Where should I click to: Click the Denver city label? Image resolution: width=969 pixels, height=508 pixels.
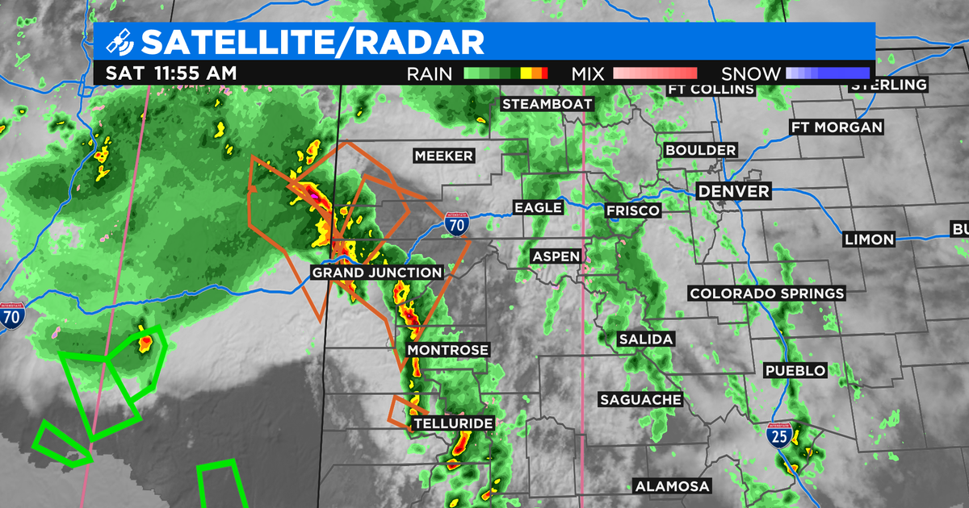733,191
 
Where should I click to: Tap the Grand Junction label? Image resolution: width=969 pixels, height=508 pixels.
377,273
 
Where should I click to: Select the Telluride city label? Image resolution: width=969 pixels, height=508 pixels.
452,423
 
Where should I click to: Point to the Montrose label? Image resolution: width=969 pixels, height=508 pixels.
448,350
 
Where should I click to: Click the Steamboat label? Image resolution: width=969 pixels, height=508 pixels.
547,104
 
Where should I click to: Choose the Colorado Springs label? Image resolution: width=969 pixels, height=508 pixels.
766,294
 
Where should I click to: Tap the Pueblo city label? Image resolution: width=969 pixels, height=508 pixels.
795,370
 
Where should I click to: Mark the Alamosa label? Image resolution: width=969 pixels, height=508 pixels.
672,486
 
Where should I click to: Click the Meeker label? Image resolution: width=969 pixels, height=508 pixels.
443,156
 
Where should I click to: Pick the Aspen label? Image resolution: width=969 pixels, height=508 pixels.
556,256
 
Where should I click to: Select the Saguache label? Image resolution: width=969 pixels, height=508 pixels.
640,399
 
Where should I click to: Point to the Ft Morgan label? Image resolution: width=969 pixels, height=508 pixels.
836,127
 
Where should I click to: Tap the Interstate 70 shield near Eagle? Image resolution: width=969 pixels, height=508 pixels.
456,223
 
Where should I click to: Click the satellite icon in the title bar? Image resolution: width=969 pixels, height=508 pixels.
120,40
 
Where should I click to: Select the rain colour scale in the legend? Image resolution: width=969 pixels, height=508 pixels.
505,73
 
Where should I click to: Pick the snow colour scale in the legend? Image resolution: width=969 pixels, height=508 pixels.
827,73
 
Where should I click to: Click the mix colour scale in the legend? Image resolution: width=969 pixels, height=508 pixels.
655,73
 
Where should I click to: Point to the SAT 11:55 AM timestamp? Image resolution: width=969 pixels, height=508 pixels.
171,73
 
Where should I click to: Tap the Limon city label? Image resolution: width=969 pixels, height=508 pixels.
868,239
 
